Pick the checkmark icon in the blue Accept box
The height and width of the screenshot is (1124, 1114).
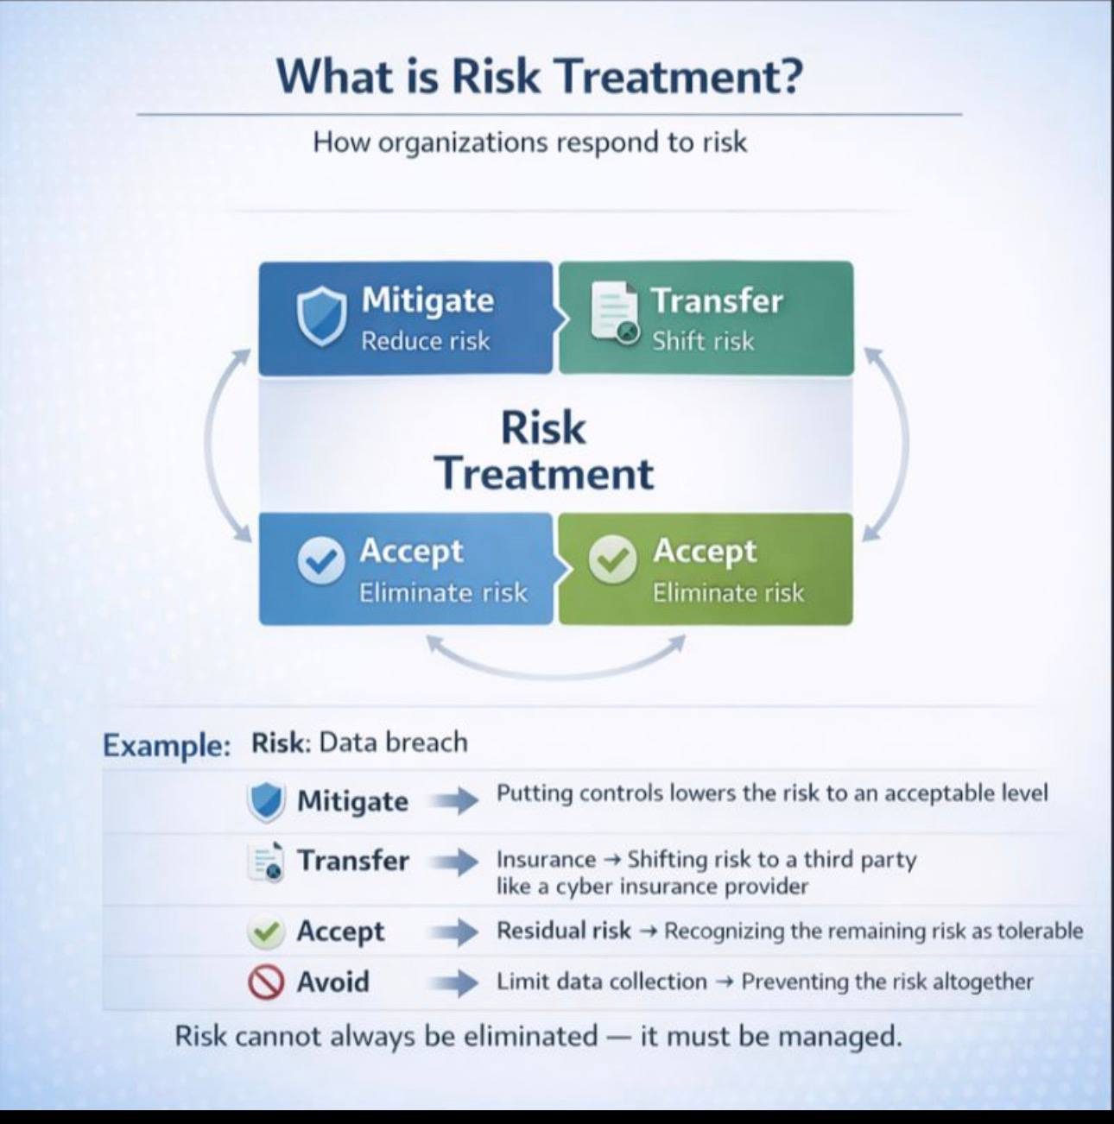click(320, 559)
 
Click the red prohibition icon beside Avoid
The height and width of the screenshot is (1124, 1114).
click(266, 982)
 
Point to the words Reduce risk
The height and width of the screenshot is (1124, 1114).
click(426, 341)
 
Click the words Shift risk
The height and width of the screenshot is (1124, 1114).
click(703, 341)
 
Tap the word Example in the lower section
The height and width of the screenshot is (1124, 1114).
click(167, 746)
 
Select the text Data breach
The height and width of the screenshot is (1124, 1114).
click(393, 742)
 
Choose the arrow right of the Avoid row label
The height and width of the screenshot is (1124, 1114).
click(454, 982)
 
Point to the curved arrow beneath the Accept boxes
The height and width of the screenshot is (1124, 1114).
click(556, 673)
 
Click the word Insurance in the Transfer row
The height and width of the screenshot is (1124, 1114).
click(546, 859)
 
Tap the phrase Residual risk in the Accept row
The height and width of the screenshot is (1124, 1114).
click(564, 931)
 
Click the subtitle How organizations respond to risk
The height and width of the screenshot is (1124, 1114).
click(530, 142)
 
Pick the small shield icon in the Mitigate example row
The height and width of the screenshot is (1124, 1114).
click(266, 802)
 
